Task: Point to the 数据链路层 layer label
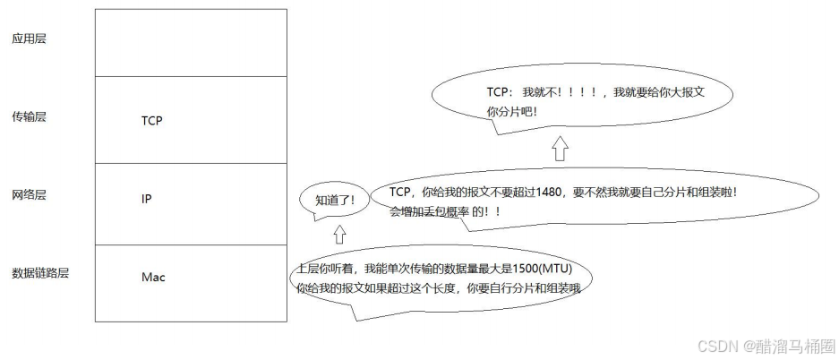[40, 272]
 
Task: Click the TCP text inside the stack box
[151, 120]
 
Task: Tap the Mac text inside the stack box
[153, 277]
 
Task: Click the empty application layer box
[191, 42]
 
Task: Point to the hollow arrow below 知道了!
[338, 235]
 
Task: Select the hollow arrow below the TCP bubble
[560, 148]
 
